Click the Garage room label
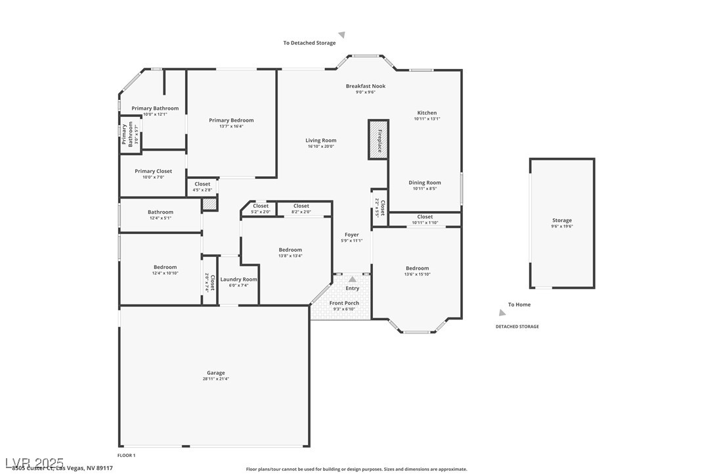tap(215, 373)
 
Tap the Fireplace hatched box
tap(379, 139)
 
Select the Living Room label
tap(320, 140)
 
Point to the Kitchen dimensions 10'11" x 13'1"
tap(427, 119)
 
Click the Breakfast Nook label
tap(366, 86)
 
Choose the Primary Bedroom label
tap(231, 120)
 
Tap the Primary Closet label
tap(153, 171)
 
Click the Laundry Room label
tap(238, 279)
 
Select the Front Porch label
tap(344, 303)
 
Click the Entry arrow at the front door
tap(353, 279)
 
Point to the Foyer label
tap(352, 235)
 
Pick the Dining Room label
tap(425, 183)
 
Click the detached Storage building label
tap(561, 220)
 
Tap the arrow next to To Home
tap(502, 312)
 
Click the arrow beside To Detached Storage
tap(341, 36)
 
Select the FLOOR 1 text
tap(126, 455)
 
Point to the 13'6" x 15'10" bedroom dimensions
tap(417, 274)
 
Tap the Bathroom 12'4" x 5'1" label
tap(160, 212)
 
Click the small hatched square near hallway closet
tap(209, 204)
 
